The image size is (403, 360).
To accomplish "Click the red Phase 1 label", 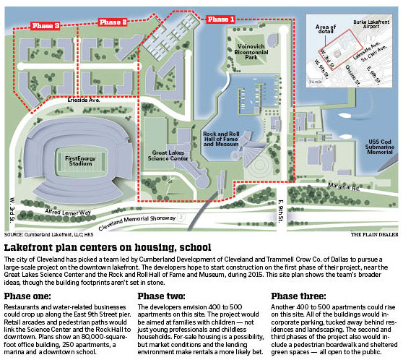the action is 220,20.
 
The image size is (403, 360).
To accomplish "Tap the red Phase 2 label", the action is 113,23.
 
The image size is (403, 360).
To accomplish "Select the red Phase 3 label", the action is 46,26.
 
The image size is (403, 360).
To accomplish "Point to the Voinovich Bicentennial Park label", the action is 251,50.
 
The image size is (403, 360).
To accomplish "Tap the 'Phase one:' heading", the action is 28,296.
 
